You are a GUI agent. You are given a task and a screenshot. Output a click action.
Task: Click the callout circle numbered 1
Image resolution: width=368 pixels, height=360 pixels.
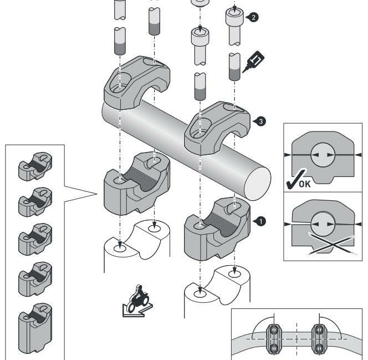(x=260, y=220)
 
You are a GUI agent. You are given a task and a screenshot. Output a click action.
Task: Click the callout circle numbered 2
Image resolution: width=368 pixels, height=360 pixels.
(x=253, y=17)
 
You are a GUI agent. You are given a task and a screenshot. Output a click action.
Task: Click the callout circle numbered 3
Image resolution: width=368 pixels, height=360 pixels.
(x=254, y=119)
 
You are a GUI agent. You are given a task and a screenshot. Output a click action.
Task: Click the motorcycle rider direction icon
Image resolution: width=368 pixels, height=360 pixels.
(x=135, y=302)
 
